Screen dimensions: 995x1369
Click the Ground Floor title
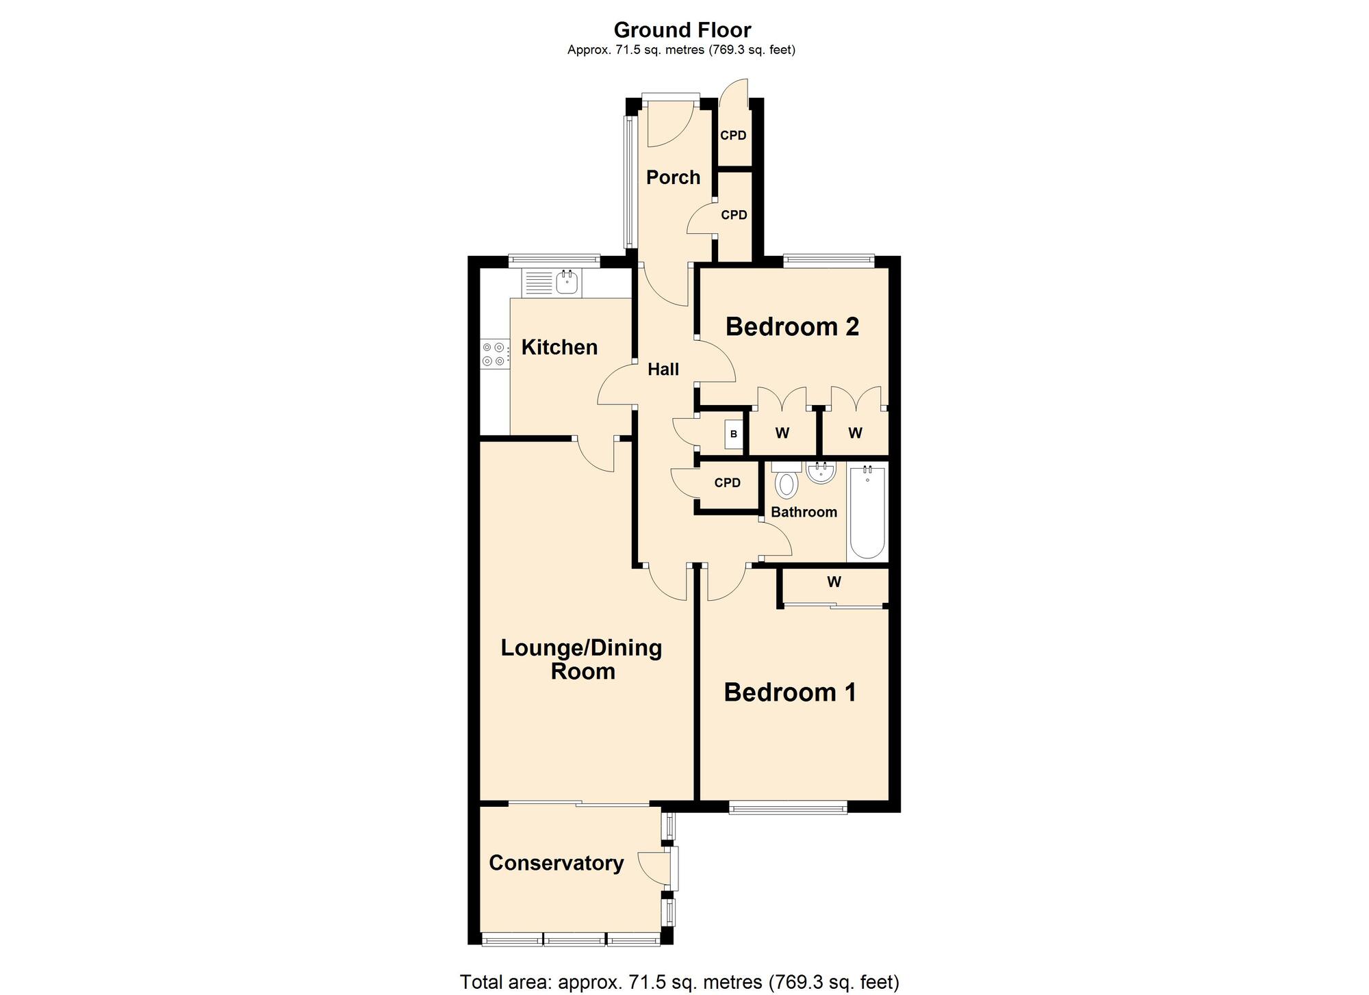[x=682, y=30]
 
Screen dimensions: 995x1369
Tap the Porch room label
[x=673, y=178]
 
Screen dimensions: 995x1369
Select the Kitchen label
[x=559, y=348]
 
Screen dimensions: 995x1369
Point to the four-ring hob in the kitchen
[x=494, y=354]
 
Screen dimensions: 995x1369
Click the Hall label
[x=663, y=370]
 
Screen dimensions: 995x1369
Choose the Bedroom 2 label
[x=792, y=327]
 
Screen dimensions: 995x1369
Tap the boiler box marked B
[x=734, y=435]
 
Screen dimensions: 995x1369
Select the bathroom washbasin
[x=820, y=472]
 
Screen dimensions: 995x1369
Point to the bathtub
[x=867, y=511]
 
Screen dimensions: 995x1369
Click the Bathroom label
[x=804, y=513]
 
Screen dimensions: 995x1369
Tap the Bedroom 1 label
[x=790, y=693]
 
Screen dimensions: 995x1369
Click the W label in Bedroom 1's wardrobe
[x=834, y=582]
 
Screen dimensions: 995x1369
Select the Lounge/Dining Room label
[x=582, y=659]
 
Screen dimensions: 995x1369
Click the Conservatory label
[x=556, y=864]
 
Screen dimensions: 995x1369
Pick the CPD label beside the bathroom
[x=727, y=483]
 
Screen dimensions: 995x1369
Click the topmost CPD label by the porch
[x=733, y=135]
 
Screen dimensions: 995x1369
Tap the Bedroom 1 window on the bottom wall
[x=788, y=809]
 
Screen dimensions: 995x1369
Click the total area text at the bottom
[x=679, y=982]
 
